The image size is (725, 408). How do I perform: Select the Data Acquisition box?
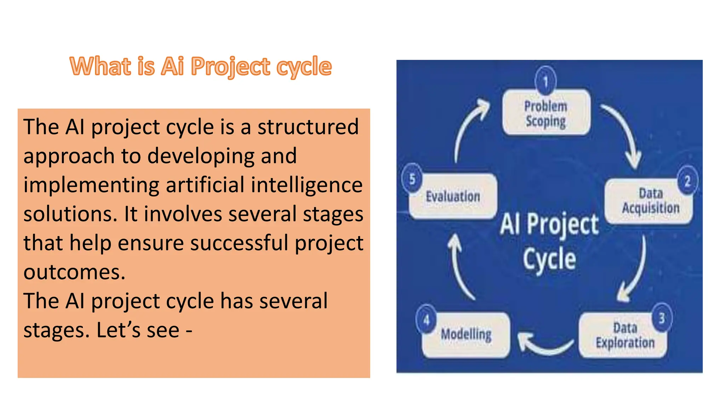649,202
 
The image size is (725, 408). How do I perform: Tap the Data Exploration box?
623,335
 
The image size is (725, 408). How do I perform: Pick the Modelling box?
466,335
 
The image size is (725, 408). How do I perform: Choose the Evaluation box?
453,196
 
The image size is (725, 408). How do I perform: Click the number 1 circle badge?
546,81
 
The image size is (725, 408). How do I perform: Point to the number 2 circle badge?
687,181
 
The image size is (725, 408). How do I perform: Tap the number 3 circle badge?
662,318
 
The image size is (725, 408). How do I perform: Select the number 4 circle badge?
426,320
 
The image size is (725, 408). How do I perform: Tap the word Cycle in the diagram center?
549,259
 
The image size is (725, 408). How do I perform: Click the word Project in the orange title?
230,67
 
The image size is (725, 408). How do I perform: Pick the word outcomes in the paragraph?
74,272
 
